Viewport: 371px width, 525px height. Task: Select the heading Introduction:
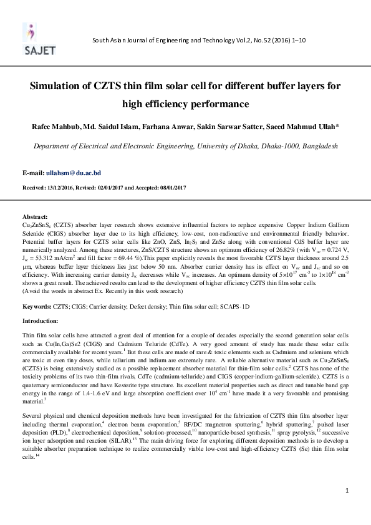[x=45, y=320]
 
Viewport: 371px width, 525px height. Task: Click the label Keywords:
[x=41, y=307]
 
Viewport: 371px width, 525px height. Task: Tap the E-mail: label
[x=42, y=172]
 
